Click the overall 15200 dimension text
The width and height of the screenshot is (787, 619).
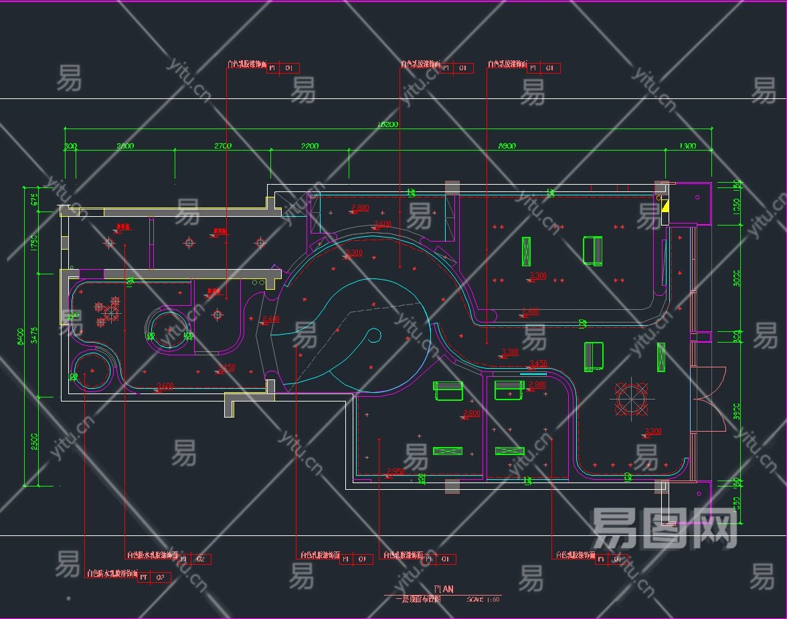pyautogui.click(x=388, y=124)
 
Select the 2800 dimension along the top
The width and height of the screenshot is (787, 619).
pyautogui.click(x=125, y=146)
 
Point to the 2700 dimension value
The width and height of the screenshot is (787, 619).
pyautogui.click(x=222, y=146)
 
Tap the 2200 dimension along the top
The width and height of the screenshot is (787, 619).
pyautogui.click(x=309, y=146)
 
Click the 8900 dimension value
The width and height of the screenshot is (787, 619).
pyautogui.click(x=507, y=146)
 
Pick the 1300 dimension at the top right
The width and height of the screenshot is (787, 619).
pyautogui.click(x=687, y=146)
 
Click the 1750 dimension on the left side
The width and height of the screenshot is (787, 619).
pyautogui.click(x=34, y=242)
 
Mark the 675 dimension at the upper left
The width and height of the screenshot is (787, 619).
pyautogui.click(x=34, y=199)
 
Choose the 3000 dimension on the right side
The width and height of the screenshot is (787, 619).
pyautogui.click(x=737, y=277)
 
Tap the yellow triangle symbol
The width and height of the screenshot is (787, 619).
pyautogui.click(x=665, y=206)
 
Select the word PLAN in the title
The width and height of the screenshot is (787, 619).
pyautogui.click(x=444, y=589)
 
